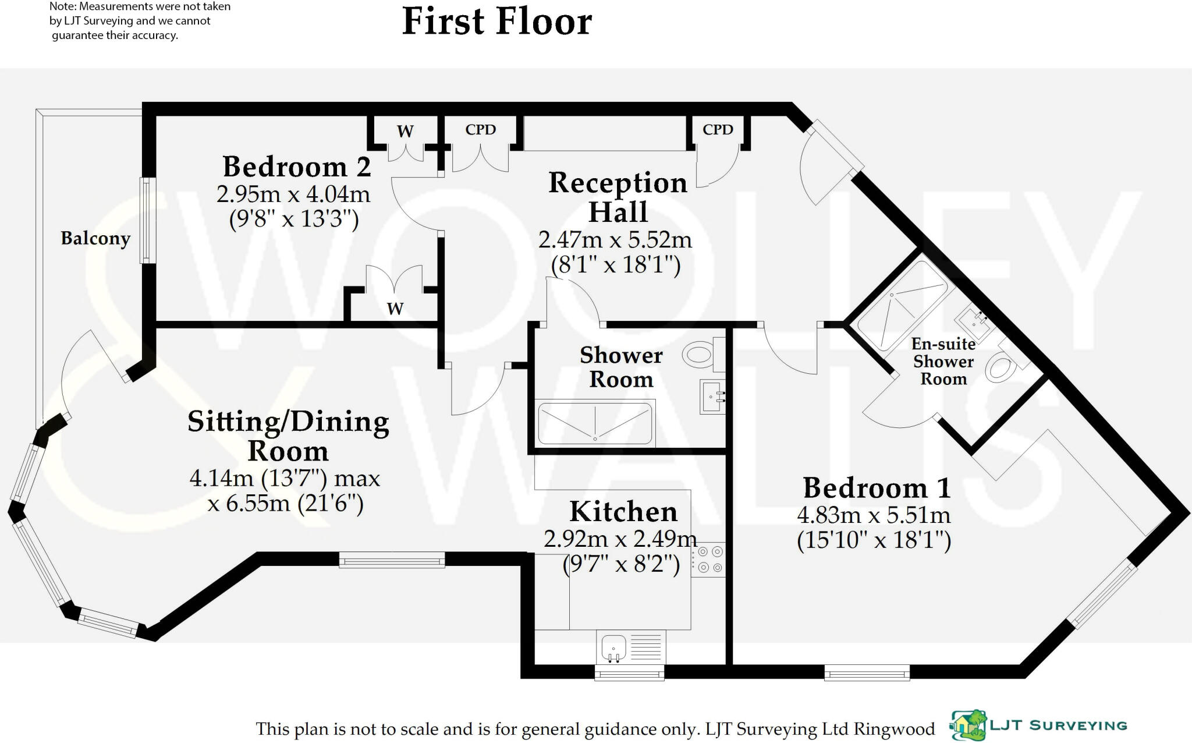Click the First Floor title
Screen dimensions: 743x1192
[x=496, y=22]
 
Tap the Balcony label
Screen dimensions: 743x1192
[x=95, y=238]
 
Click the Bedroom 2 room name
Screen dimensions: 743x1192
[x=296, y=167]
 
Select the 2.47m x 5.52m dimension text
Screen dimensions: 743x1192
[x=615, y=239]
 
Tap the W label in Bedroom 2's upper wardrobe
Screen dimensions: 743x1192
[x=405, y=131]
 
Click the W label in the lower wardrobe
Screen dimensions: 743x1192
[x=395, y=309]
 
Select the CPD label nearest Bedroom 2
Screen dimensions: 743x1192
[x=480, y=129]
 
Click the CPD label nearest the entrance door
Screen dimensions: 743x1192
[x=717, y=129]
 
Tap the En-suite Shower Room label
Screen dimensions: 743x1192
[x=943, y=362]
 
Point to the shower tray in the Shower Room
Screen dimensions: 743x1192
[x=595, y=423]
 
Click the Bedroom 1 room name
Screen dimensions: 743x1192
[x=877, y=488]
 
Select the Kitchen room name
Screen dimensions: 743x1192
[x=623, y=512]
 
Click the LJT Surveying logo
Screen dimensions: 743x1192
[x=1038, y=725]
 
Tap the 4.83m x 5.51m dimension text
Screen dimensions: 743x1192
[x=873, y=515]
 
